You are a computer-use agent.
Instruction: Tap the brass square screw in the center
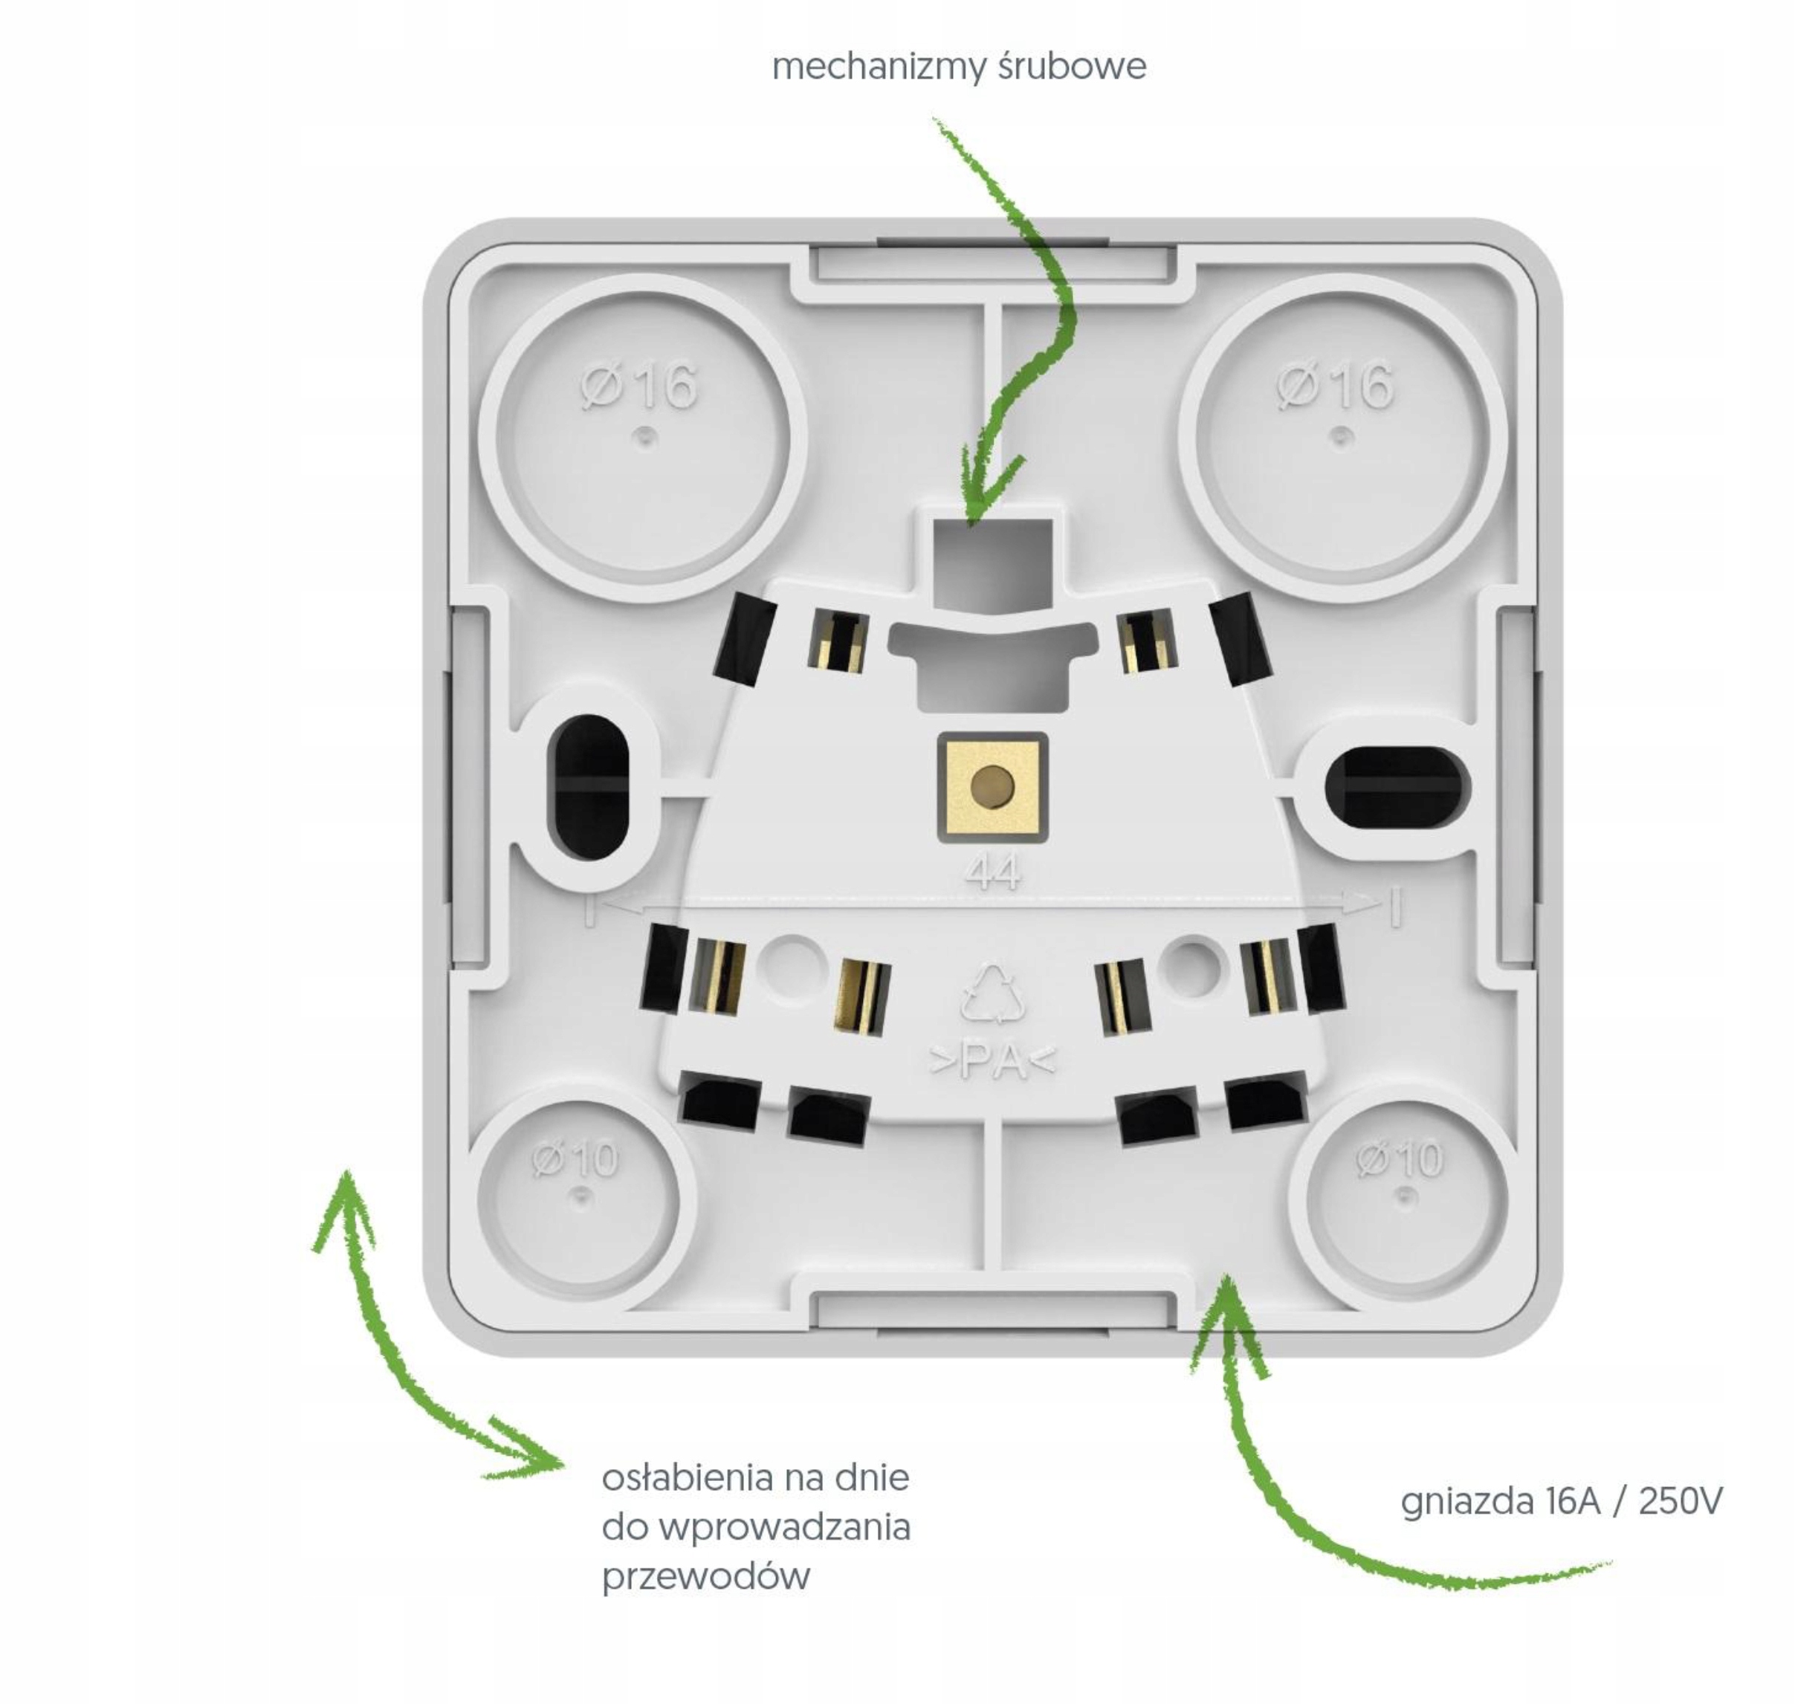(993, 785)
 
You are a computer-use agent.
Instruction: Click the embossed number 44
(993, 873)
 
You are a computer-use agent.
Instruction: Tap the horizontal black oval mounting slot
(1396, 788)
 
